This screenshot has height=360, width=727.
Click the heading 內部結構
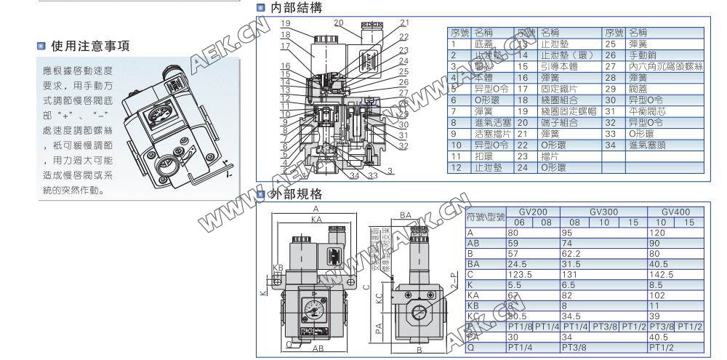pos(294,8)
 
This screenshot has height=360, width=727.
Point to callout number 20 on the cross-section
pos(338,22)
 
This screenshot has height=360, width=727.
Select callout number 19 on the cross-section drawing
pos(286,23)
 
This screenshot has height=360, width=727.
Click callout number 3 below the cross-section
pos(390,170)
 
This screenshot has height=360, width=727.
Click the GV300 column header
pos(604,211)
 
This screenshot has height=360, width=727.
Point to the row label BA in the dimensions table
pos(475,264)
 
